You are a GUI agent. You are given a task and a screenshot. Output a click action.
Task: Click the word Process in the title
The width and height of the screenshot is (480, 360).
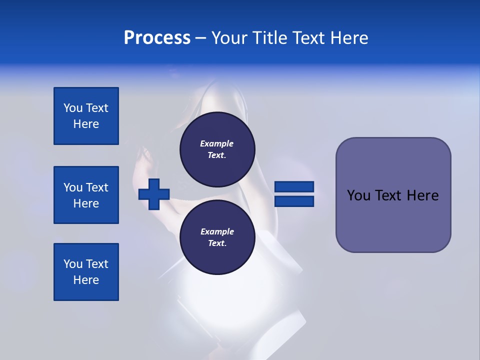[x=157, y=38]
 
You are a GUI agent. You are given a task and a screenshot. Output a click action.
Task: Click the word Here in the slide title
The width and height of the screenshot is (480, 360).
[x=348, y=38]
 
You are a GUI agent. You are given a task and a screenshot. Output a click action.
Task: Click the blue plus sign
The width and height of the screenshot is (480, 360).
[x=154, y=194]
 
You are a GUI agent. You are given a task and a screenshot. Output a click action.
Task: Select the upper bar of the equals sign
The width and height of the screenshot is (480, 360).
[x=294, y=186]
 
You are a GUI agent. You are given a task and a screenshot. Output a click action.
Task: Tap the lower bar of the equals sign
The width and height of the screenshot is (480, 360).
[x=294, y=201]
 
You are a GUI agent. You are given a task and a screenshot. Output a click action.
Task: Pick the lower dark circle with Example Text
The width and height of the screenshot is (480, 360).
[x=217, y=237]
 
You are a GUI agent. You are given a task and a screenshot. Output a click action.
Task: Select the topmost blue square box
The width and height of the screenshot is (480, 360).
[x=86, y=116]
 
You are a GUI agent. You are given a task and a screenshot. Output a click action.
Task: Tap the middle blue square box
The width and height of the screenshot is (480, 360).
[x=86, y=195]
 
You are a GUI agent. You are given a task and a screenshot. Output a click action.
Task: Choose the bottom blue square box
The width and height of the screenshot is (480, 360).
[x=86, y=272]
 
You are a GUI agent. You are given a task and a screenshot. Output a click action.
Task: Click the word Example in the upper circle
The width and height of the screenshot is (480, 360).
[x=217, y=143]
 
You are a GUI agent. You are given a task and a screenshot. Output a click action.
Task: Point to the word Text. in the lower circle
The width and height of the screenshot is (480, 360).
[x=217, y=243]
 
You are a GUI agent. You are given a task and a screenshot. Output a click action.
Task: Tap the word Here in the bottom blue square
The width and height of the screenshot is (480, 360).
[x=86, y=280]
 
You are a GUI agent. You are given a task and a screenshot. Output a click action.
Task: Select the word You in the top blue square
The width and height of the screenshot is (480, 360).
[x=73, y=108]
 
